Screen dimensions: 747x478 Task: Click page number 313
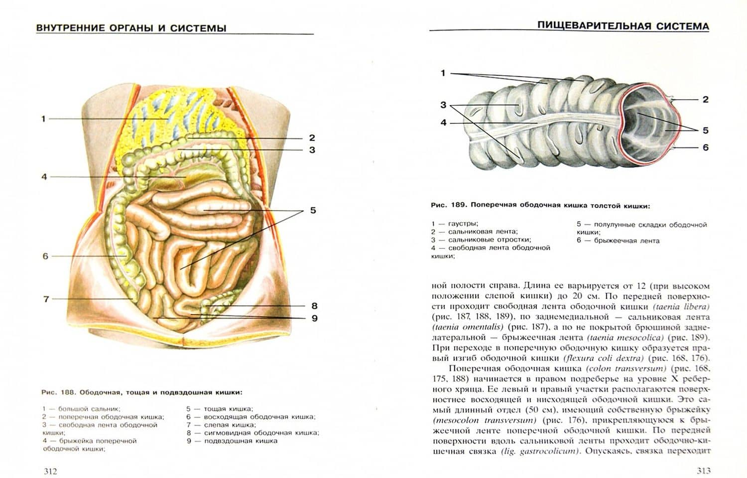[x=703, y=471]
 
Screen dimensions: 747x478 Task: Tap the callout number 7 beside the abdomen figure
[x=46, y=299]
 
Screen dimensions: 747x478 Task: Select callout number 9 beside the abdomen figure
[x=314, y=318]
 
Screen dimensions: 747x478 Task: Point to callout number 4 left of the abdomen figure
[x=44, y=177]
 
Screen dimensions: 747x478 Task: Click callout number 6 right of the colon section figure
[x=706, y=147]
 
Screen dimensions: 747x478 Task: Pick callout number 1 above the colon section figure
[x=443, y=73]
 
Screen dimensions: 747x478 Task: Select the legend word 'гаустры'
[x=463, y=224]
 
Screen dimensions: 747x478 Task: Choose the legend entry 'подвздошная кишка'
[x=241, y=441]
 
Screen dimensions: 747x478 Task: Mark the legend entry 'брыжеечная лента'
[x=626, y=240]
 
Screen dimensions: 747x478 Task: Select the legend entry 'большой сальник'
[x=89, y=409]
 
